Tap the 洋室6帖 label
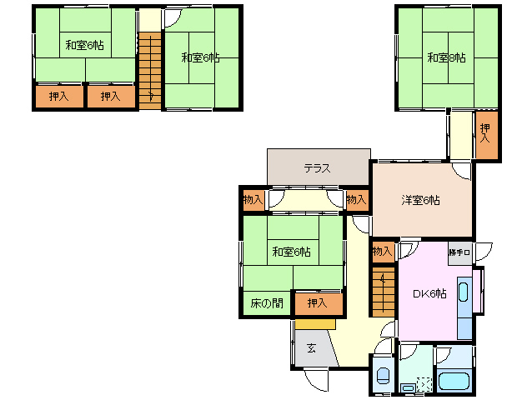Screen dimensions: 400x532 pyautogui.click(x=420, y=200)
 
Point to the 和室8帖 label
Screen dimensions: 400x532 pyautogui.click(x=446, y=57)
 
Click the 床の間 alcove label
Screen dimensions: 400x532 pyautogui.click(x=266, y=303)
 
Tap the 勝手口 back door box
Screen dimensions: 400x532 pyautogui.click(x=459, y=252)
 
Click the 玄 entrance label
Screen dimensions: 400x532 pyautogui.click(x=310, y=347)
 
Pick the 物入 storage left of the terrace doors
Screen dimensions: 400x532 pyautogui.click(x=253, y=200)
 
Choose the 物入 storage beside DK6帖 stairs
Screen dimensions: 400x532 pyautogui.click(x=382, y=251)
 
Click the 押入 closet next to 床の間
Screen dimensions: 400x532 pyautogui.click(x=317, y=303)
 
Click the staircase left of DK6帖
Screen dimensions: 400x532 pyautogui.click(x=383, y=291)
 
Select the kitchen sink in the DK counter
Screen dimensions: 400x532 pyautogui.click(x=464, y=296)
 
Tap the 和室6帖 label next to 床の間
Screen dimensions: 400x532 pyautogui.click(x=291, y=251)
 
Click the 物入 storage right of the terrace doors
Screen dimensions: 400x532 pyautogui.click(x=356, y=200)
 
